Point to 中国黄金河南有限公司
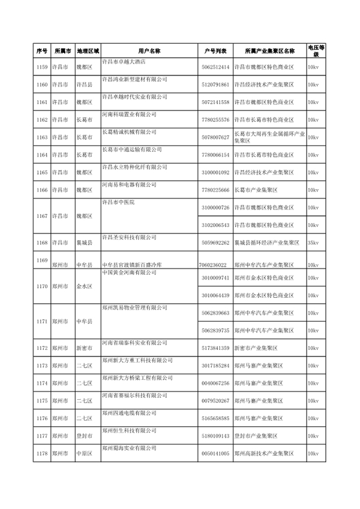tap(129, 273)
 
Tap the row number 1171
tap(41, 321)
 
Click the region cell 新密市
tap(84, 348)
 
